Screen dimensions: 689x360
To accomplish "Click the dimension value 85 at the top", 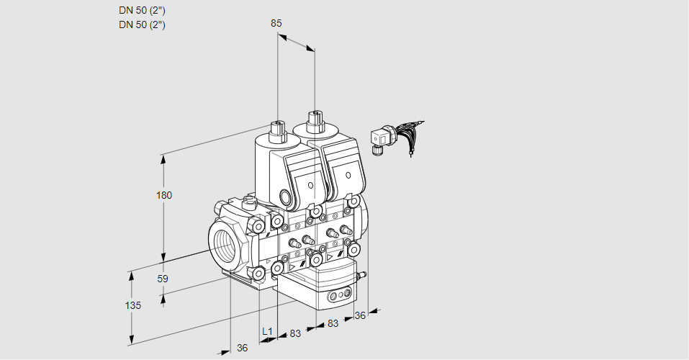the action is click(x=276, y=23).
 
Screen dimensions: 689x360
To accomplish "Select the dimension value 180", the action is click(x=164, y=195).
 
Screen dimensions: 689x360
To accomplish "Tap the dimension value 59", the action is click(x=163, y=279).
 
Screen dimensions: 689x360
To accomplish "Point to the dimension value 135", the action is click(x=133, y=305).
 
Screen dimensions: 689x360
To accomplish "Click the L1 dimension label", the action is click(x=267, y=331).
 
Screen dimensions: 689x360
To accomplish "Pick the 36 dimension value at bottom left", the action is click(x=242, y=348).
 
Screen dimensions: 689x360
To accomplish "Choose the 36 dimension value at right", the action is click(x=360, y=315).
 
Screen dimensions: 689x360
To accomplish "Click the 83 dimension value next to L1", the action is click(x=295, y=333).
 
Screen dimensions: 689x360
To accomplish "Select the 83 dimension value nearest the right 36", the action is click(x=333, y=323).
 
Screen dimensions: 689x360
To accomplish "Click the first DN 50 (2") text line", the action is click(x=142, y=11).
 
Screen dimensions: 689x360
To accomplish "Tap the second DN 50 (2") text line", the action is click(x=142, y=24).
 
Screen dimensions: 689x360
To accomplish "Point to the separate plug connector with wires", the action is click(x=395, y=137).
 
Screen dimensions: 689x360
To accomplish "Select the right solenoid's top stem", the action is click(x=315, y=120).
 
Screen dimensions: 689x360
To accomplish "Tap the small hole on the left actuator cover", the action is click(x=310, y=185).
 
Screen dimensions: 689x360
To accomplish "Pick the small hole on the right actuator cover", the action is click(x=348, y=176).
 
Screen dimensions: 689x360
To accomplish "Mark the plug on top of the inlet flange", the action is click(x=248, y=202).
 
